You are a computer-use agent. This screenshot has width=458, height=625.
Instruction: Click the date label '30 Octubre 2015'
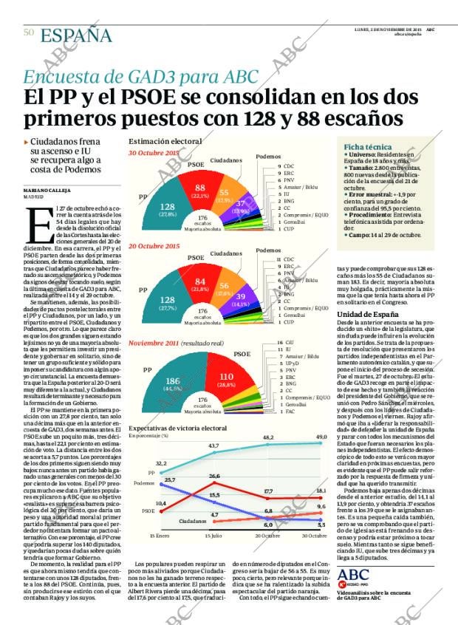(x=154, y=153)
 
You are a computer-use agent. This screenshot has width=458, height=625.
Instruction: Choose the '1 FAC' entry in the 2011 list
(x=287, y=412)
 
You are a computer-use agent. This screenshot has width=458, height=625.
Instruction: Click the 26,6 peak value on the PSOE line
(x=214, y=476)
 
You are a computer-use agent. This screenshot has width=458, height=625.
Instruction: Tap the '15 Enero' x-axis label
(x=159, y=535)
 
